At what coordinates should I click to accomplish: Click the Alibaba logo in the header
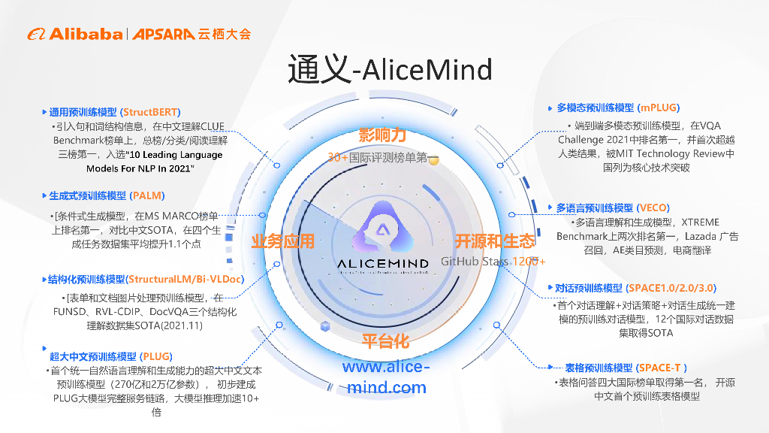pyautogui.click(x=75, y=34)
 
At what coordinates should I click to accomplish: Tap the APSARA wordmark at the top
pyautogui.click(x=164, y=34)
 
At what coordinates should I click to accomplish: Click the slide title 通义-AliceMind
pyautogui.click(x=390, y=70)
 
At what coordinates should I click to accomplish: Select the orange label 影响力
pyautogui.click(x=382, y=135)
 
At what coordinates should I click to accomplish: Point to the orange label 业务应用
pyautogui.click(x=282, y=241)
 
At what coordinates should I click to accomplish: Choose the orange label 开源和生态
pyautogui.click(x=495, y=241)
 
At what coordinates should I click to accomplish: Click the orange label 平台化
pyautogui.click(x=385, y=341)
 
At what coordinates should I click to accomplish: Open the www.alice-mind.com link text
pyautogui.click(x=386, y=377)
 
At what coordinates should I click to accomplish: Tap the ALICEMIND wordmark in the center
pyautogui.click(x=383, y=264)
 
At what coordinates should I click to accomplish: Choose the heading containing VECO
pyautogui.click(x=613, y=207)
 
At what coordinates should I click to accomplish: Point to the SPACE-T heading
pyautogui.click(x=626, y=368)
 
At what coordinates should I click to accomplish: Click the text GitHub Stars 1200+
pyautogui.click(x=493, y=261)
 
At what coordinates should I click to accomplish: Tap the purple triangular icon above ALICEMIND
pyautogui.click(x=383, y=229)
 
